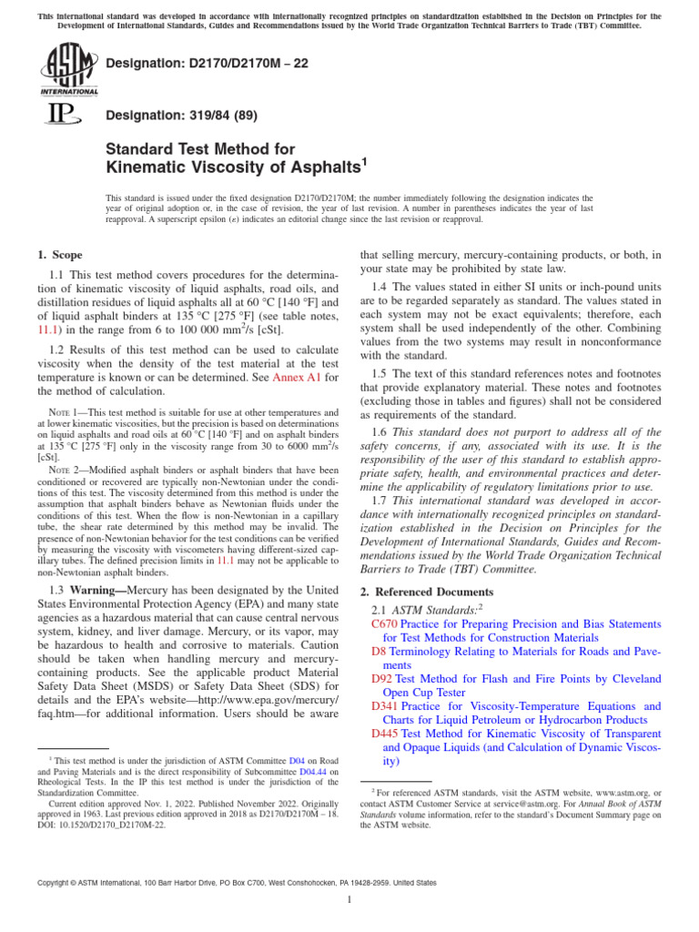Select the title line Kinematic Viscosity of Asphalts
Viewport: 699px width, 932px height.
pyautogui.click(x=237, y=167)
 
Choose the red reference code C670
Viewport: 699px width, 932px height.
pyautogui.click(x=385, y=624)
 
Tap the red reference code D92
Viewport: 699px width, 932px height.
pyautogui.click(x=381, y=679)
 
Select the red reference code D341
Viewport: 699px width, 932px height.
pyautogui.click(x=385, y=706)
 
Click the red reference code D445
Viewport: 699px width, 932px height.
pyautogui.click(x=385, y=734)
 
